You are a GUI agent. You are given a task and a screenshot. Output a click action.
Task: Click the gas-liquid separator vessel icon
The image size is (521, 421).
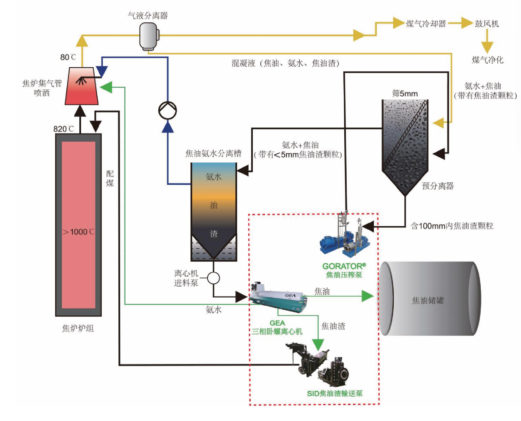149,36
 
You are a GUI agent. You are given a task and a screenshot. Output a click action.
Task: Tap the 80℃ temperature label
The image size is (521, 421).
68,57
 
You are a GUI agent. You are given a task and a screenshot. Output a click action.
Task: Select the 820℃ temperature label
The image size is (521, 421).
63,129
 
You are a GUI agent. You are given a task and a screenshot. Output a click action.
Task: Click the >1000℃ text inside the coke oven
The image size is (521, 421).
78,232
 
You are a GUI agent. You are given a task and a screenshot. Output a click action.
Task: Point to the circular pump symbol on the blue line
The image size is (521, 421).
167,110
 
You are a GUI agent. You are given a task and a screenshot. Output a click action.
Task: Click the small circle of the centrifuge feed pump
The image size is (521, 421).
213,278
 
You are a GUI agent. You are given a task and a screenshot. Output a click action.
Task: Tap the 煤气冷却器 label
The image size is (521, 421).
426,24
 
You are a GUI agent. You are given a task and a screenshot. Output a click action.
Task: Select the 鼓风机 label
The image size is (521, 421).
487,24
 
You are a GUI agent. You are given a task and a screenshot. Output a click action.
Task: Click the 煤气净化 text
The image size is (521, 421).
488,60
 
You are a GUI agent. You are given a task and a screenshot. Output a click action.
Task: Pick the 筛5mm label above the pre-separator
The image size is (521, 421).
405,94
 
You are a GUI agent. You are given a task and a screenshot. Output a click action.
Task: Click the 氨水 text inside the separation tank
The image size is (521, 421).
214,177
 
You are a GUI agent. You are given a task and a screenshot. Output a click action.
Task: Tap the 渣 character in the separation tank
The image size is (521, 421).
214,234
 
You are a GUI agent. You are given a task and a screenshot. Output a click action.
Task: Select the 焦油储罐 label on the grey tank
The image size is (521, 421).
428,300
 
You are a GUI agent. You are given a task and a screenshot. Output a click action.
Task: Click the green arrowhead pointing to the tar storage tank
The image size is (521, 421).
367,296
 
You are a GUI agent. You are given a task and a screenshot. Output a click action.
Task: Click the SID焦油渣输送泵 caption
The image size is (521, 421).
335,393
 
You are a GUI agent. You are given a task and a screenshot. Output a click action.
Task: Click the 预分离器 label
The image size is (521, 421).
437,186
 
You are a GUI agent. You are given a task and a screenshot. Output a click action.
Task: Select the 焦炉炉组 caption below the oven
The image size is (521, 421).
78,328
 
